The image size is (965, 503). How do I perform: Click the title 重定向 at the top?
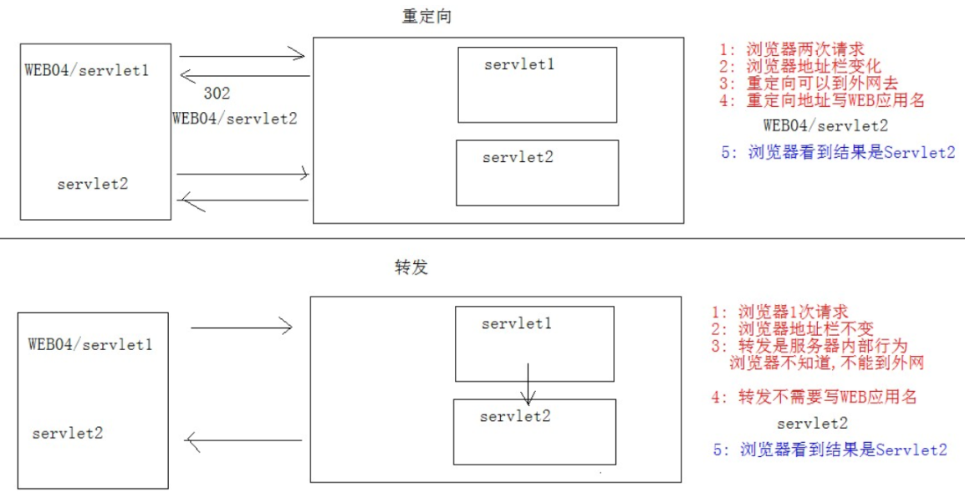[x=426, y=17]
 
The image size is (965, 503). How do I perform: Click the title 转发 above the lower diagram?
[x=411, y=268]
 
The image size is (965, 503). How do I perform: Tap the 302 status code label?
[x=217, y=94]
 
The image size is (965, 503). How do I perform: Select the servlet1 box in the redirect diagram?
[x=537, y=84]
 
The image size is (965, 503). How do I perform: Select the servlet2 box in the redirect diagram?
[x=537, y=173]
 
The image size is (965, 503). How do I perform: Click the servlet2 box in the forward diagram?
[x=534, y=431]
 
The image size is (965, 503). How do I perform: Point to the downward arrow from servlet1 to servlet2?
[x=528, y=384]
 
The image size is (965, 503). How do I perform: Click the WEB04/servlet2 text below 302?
[x=235, y=118]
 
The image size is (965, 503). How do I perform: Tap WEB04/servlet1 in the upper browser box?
[x=87, y=69]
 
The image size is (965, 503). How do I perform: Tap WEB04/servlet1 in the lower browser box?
[x=90, y=343]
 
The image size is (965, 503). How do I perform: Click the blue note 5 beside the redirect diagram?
[x=837, y=153]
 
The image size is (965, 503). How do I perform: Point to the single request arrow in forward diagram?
[x=242, y=328]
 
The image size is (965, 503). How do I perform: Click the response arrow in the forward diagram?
[x=243, y=440]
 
